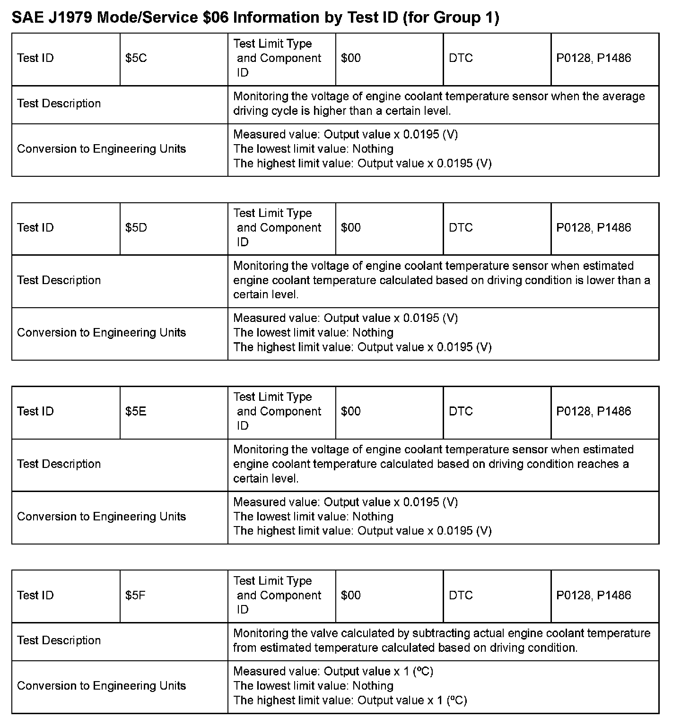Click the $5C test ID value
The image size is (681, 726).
136,58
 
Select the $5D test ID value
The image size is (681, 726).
136,228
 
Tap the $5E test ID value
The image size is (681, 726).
136,411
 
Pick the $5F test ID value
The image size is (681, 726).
135,595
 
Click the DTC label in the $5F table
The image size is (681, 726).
461,595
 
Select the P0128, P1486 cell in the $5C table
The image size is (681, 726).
594,58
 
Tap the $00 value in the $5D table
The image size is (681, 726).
350,228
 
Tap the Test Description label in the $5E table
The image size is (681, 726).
59,464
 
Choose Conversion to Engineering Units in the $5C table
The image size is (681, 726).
102,149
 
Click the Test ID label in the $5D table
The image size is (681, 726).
35,228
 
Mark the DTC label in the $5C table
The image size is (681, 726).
461,58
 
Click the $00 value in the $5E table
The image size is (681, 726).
350,411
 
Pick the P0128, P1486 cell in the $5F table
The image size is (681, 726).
594,595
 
